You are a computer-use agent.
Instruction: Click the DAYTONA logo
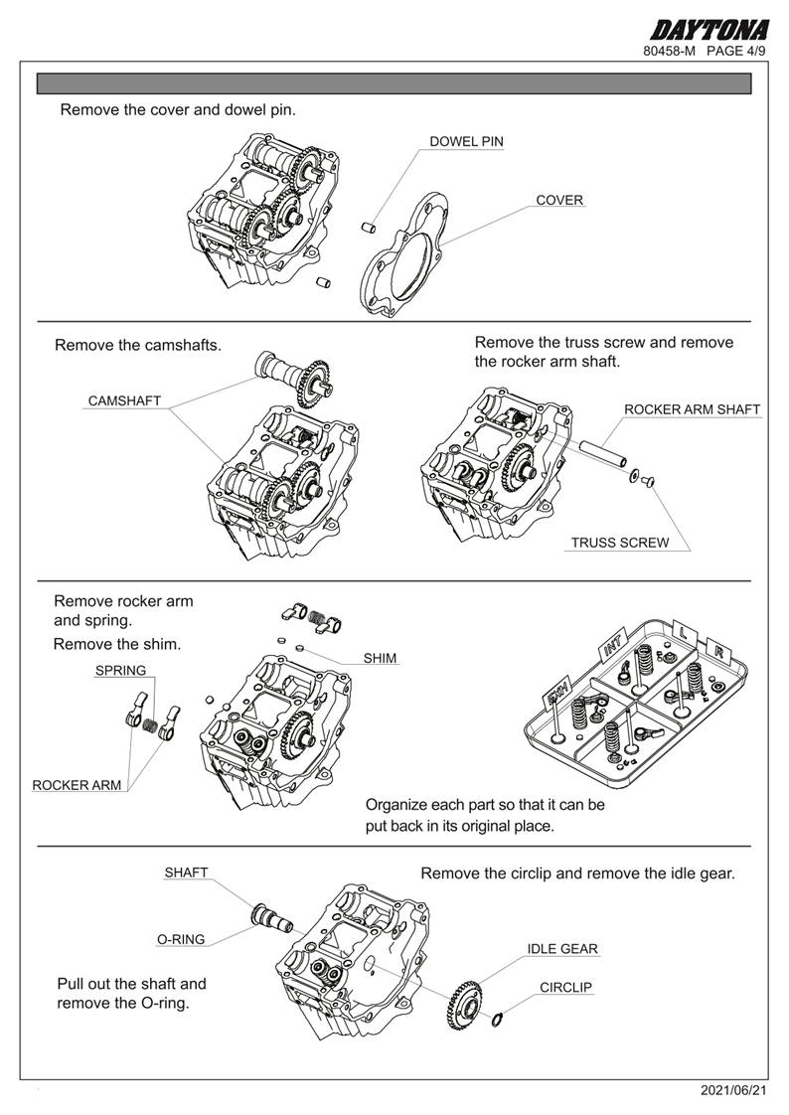(710, 30)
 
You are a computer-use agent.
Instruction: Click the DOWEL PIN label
(466, 142)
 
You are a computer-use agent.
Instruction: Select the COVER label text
(559, 200)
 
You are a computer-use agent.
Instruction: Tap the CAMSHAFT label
(124, 401)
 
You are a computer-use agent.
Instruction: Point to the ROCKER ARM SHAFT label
(692, 409)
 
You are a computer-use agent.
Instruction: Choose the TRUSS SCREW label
(619, 544)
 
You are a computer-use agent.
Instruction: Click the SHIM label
(380, 658)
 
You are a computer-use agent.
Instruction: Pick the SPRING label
(120, 671)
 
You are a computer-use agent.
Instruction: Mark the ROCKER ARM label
(77, 785)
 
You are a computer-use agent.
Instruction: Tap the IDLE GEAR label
(562, 949)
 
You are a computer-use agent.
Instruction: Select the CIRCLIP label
(565, 988)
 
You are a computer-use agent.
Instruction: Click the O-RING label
(181, 939)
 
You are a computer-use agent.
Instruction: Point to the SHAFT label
(186, 873)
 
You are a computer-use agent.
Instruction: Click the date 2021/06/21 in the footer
(733, 1091)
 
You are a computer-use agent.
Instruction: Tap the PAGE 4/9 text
(735, 51)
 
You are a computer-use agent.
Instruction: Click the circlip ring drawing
(499, 1019)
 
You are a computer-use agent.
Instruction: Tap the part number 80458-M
(670, 51)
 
